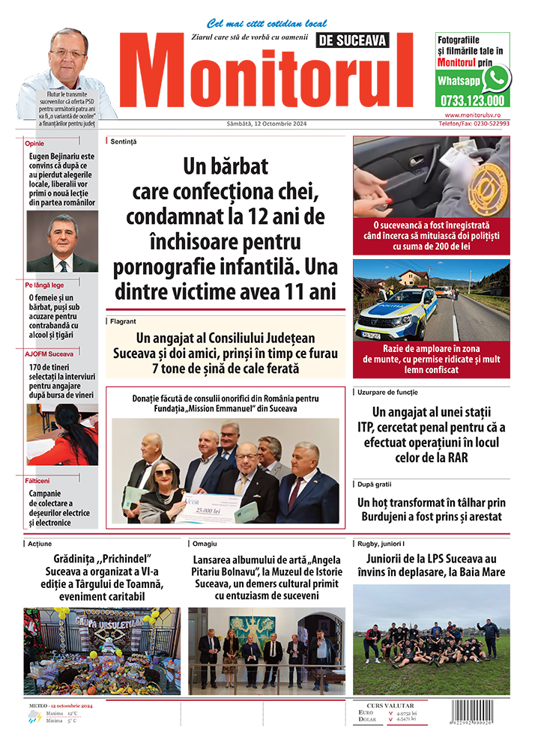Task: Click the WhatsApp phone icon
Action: coord(496,79)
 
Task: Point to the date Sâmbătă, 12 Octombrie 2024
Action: coord(266,124)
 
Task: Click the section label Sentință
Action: coord(124,141)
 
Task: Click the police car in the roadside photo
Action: coord(396,312)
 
